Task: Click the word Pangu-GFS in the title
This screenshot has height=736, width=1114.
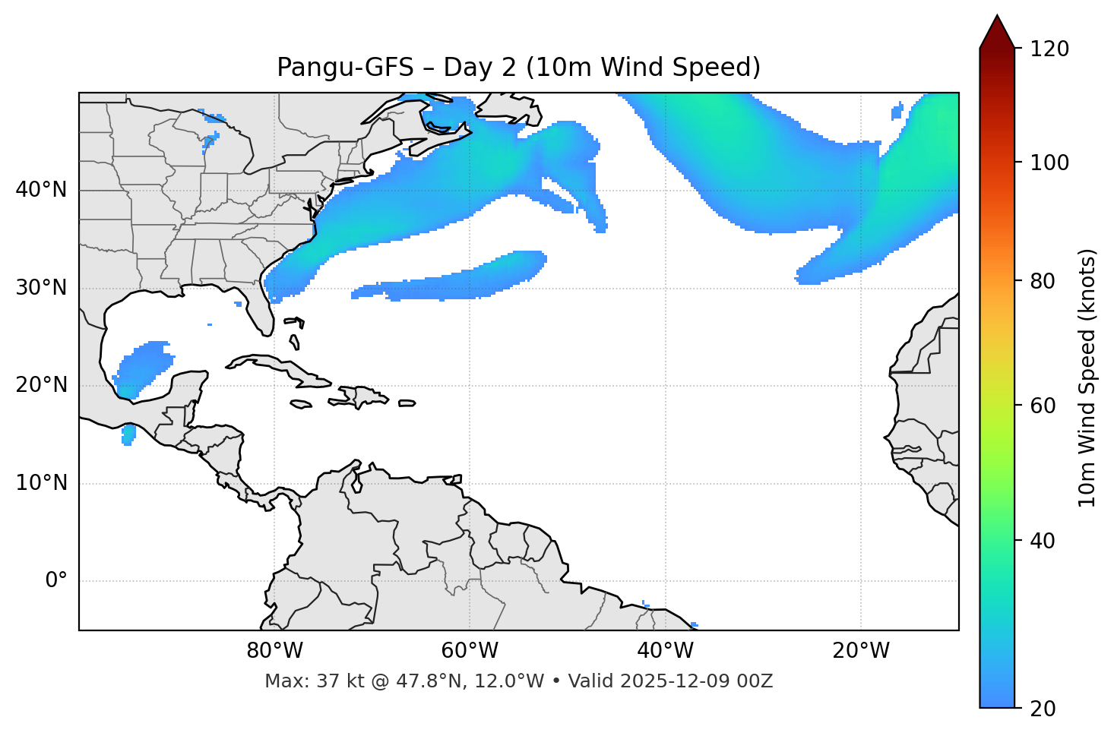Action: [345, 68]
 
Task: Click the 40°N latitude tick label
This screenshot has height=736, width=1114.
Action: [41, 190]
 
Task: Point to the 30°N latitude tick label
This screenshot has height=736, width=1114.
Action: [41, 288]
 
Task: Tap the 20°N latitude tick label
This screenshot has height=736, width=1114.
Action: [41, 385]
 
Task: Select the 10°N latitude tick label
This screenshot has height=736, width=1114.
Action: [41, 483]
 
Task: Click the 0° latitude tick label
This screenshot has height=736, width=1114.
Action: [56, 581]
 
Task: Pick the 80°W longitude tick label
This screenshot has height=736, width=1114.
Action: [274, 651]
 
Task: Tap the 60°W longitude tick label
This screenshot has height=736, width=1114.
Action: [470, 651]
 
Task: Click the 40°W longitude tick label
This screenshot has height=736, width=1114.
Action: [665, 651]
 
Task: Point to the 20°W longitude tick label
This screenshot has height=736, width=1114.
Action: [860, 651]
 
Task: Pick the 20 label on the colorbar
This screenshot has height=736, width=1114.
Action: [1043, 709]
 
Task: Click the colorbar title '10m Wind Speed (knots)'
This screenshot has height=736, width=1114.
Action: [1087, 377]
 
